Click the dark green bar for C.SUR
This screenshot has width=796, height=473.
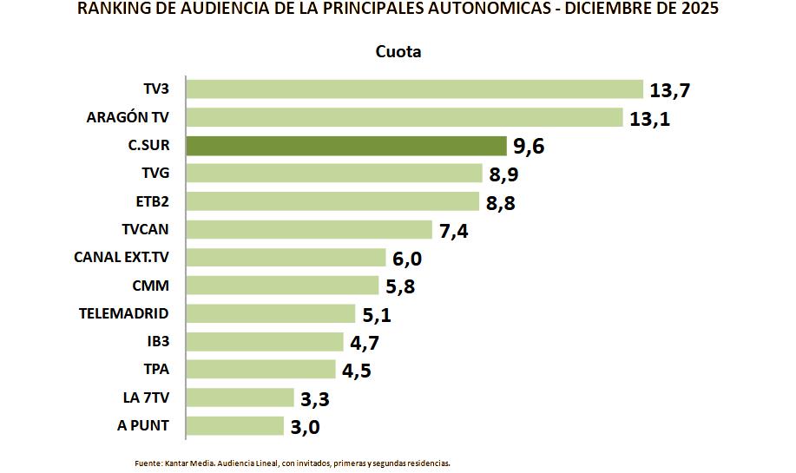coord(346,145)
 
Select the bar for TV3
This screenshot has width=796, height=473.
coord(415,89)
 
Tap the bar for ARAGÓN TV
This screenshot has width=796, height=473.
coord(405,117)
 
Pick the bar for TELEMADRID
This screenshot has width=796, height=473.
coord(271,313)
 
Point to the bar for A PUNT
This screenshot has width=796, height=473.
coord(235,425)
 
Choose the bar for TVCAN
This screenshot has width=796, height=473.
coord(309,229)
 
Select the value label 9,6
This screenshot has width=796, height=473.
coord(529,146)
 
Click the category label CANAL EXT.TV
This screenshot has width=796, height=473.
coord(122,257)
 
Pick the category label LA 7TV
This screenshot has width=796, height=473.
coord(147,397)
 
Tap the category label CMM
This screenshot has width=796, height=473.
coord(152,286)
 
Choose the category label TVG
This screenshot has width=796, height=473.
coord(155,174)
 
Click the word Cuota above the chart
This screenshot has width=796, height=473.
coord(398,52)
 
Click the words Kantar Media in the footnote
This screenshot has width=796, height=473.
coord(188,463)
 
